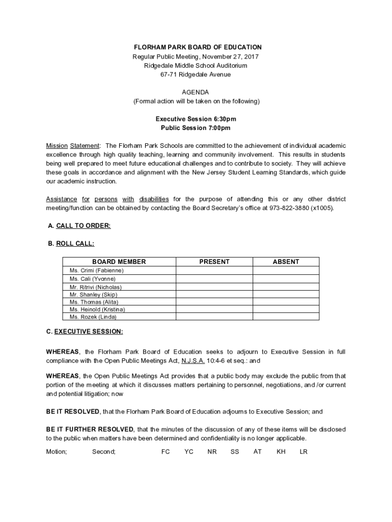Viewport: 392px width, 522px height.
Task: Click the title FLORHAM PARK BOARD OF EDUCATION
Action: tap(196, 47)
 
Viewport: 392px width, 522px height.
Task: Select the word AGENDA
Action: tap(196, 92)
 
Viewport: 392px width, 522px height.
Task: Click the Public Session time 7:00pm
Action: tap(217, 128)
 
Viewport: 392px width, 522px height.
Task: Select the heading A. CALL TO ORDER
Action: tap(79, 226)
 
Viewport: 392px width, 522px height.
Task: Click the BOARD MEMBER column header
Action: tap(119, 262)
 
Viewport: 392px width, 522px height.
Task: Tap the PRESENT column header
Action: tap(214, 262)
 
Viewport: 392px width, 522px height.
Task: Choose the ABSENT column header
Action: tap(286, 262)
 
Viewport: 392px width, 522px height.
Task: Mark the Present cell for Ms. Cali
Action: tap(214, 279)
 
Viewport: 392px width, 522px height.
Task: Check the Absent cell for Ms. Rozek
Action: tap(286, 317)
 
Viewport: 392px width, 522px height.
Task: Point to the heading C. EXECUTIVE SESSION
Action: tap(84, 332)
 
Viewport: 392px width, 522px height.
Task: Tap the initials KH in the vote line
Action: tap(281, 452)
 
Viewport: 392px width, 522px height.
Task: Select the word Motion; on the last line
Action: tap(57, 452)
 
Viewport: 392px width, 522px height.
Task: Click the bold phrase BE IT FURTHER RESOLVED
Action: tap(90, 429)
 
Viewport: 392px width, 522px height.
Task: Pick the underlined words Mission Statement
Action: tap(73, 146)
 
